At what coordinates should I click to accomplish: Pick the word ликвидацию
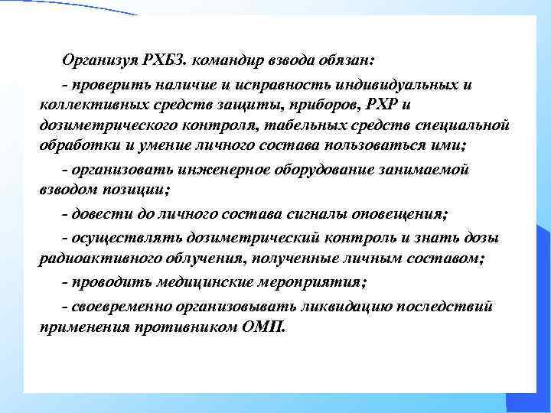[339, 307]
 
